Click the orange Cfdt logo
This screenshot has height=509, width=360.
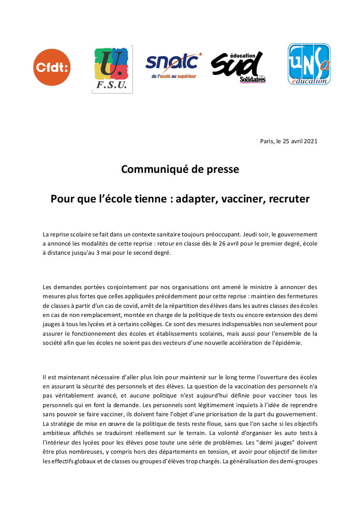(52, 67)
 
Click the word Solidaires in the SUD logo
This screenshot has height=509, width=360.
(253, 80)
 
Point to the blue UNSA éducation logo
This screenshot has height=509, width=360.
(309, 64)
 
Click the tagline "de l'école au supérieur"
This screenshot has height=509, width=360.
(174, 76)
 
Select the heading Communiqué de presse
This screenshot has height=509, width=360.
(180, 169)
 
